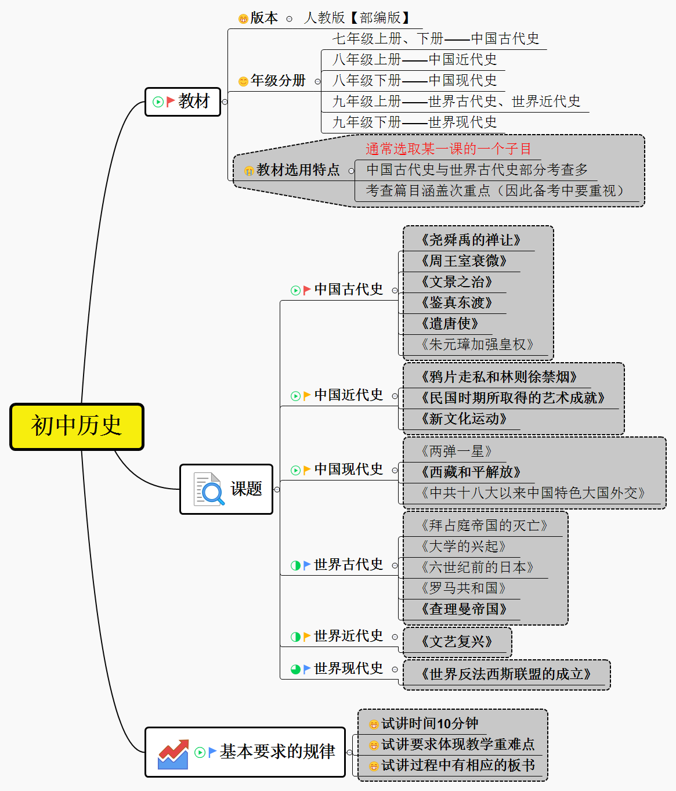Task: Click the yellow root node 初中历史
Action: (x=77, y=427)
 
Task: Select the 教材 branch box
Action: (x=183, y=102)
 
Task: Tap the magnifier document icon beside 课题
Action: (x=209, y=489)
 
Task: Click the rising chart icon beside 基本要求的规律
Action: (x=173, y=753)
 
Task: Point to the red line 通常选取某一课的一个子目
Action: (x=448, y=149)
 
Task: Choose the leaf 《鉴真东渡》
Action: (x=457, y=303)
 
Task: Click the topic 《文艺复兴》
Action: (x=457, y=642)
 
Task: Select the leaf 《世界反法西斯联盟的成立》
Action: (x=506, y=674)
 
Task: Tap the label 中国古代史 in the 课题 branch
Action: (x=348, y=290)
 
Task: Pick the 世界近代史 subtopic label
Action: (x=348, y=636)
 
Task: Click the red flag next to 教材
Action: (x=171, y=102)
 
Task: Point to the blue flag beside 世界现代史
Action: (x=307, y=669)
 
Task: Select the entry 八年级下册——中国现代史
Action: (x=414, y=80)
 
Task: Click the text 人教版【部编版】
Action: (x=357, y=18)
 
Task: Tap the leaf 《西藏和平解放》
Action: (x=471, y=472)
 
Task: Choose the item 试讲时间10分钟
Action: (x=429, y=724)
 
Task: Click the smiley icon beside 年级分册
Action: (x=243, y=81)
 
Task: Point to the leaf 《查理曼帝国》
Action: (x=464, y=609)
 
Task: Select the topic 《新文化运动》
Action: (x=464, y=419)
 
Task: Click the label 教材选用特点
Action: (x=298, y=170)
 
